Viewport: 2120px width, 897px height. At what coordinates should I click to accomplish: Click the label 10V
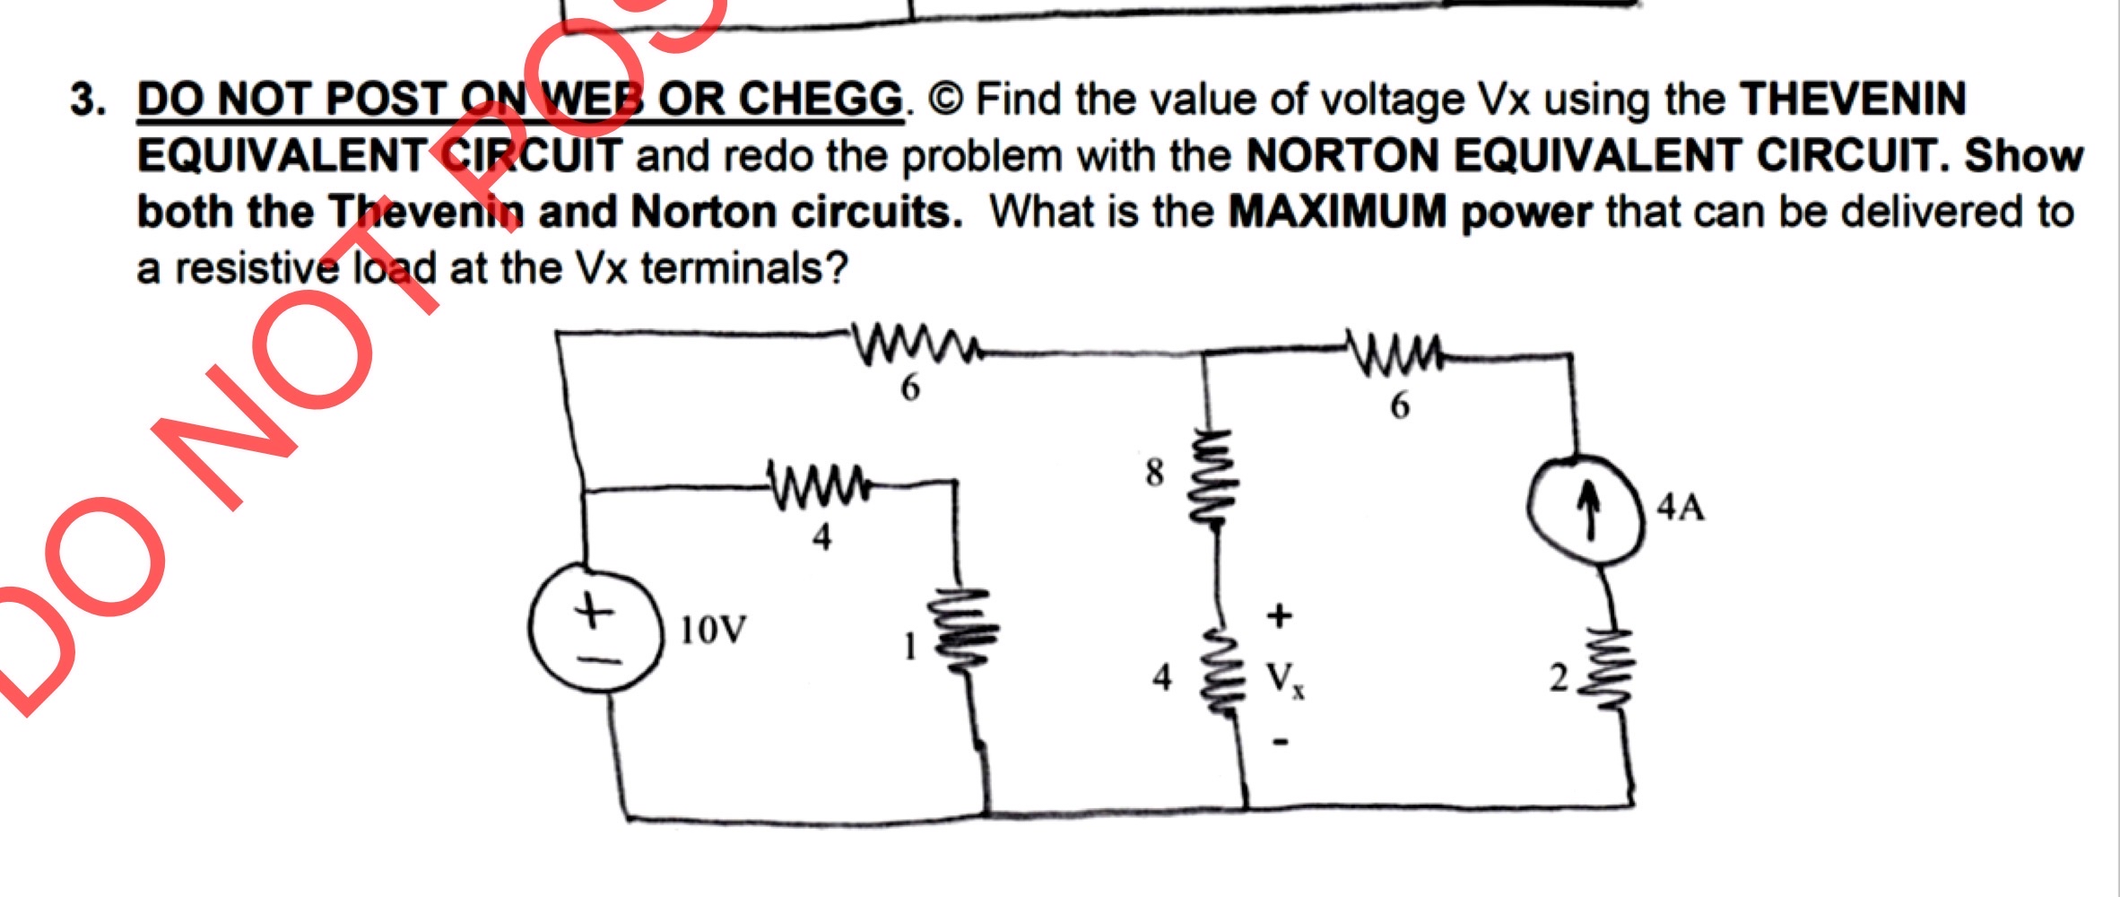pyautogui.click(x=713, y=631)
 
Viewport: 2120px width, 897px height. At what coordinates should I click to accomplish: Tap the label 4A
pyautogui.click(x=1680, y=508)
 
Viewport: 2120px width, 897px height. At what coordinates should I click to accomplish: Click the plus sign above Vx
pyautogui.click(x=1280, y=616)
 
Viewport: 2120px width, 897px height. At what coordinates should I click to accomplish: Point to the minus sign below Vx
pyautogui.click(x=1282, y=742)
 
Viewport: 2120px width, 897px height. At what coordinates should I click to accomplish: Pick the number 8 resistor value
pyautogui.click(x=1155, y=473)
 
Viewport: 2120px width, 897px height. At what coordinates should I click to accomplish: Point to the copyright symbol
pyautogui.click(x=946, y=100)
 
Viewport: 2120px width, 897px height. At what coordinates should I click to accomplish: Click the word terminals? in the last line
pyautogui.click(x=743, y=268)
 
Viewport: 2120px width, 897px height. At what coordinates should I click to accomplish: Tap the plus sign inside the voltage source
pyautogui.click(x=592, y=614)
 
